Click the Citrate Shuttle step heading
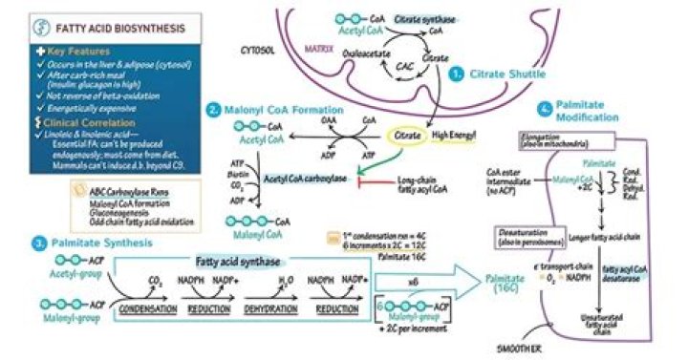pyautogui.click(x=505, y=73)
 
